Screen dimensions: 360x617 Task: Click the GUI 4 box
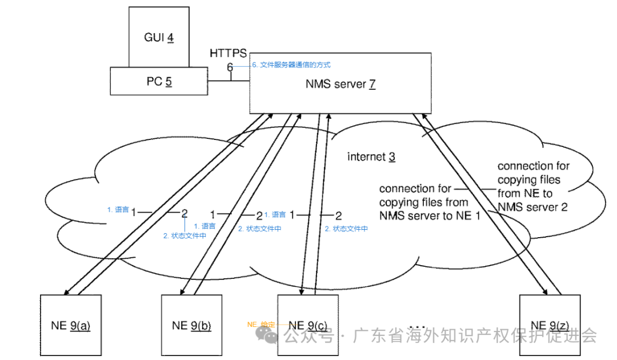(159, 37)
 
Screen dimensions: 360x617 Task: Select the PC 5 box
(158, 81)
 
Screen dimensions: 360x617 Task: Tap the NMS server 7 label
(340, 84)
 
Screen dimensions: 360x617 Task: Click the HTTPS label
(228, 53)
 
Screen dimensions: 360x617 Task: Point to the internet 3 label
(371, 157)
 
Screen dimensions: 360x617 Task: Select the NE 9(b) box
(191, 325)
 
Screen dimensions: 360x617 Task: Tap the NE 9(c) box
(308, 325)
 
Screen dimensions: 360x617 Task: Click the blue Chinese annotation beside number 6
(291, 65)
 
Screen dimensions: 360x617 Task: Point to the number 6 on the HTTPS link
(230, 67)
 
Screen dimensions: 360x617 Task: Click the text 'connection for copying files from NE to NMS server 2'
(533, 186)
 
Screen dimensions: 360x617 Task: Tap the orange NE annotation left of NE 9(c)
(261, 325)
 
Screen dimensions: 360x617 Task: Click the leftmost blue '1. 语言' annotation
(118, 210)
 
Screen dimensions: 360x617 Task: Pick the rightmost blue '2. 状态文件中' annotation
(346, 229)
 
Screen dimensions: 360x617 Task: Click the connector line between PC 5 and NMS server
(228, 81)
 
